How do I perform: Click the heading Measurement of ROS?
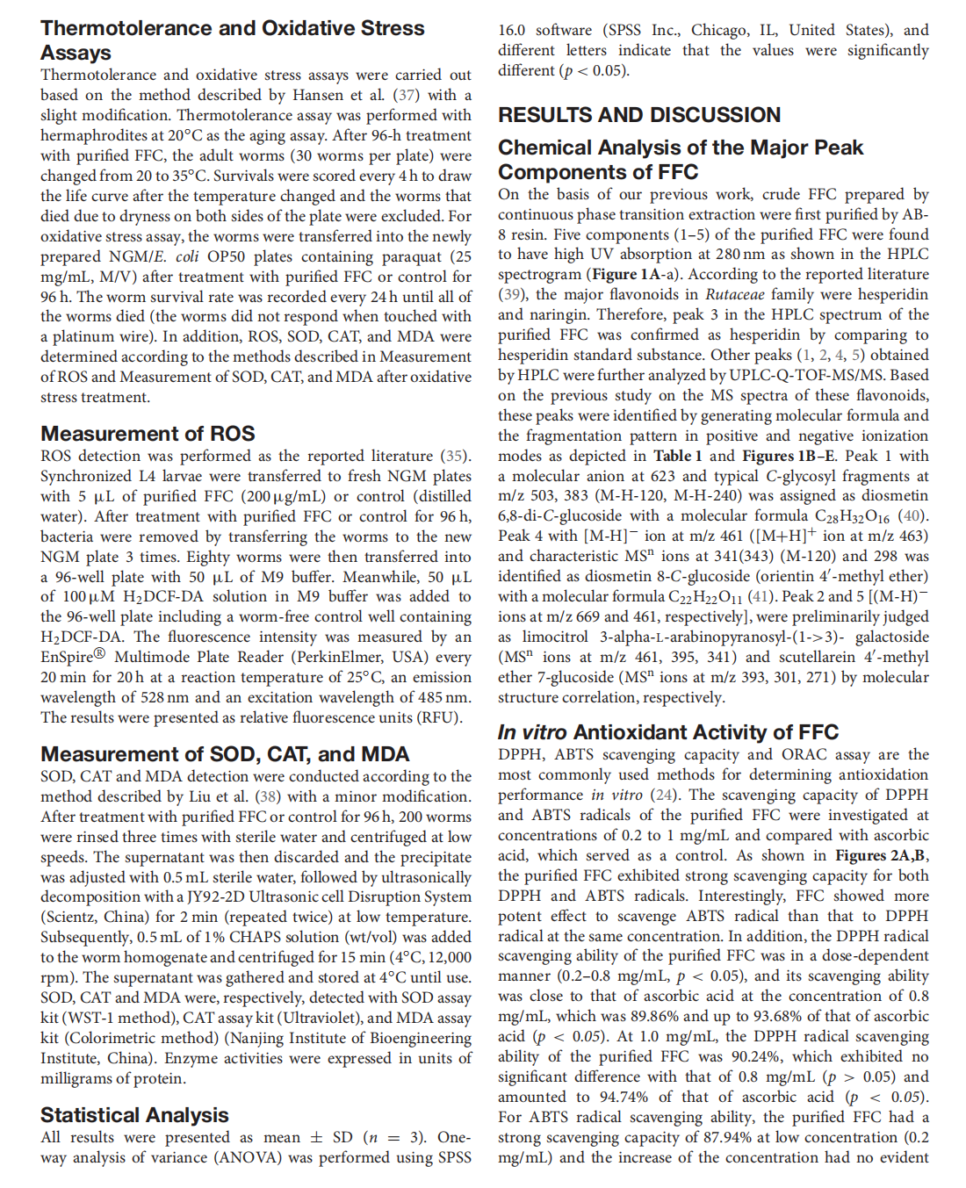click(x=148, y=434)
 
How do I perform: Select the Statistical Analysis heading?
click(x=134, y=1115)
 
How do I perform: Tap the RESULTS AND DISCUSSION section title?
click(x=638, y=115)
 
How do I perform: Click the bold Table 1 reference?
click(x=677, y=456)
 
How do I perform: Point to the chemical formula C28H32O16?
click(x=846, y=516)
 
